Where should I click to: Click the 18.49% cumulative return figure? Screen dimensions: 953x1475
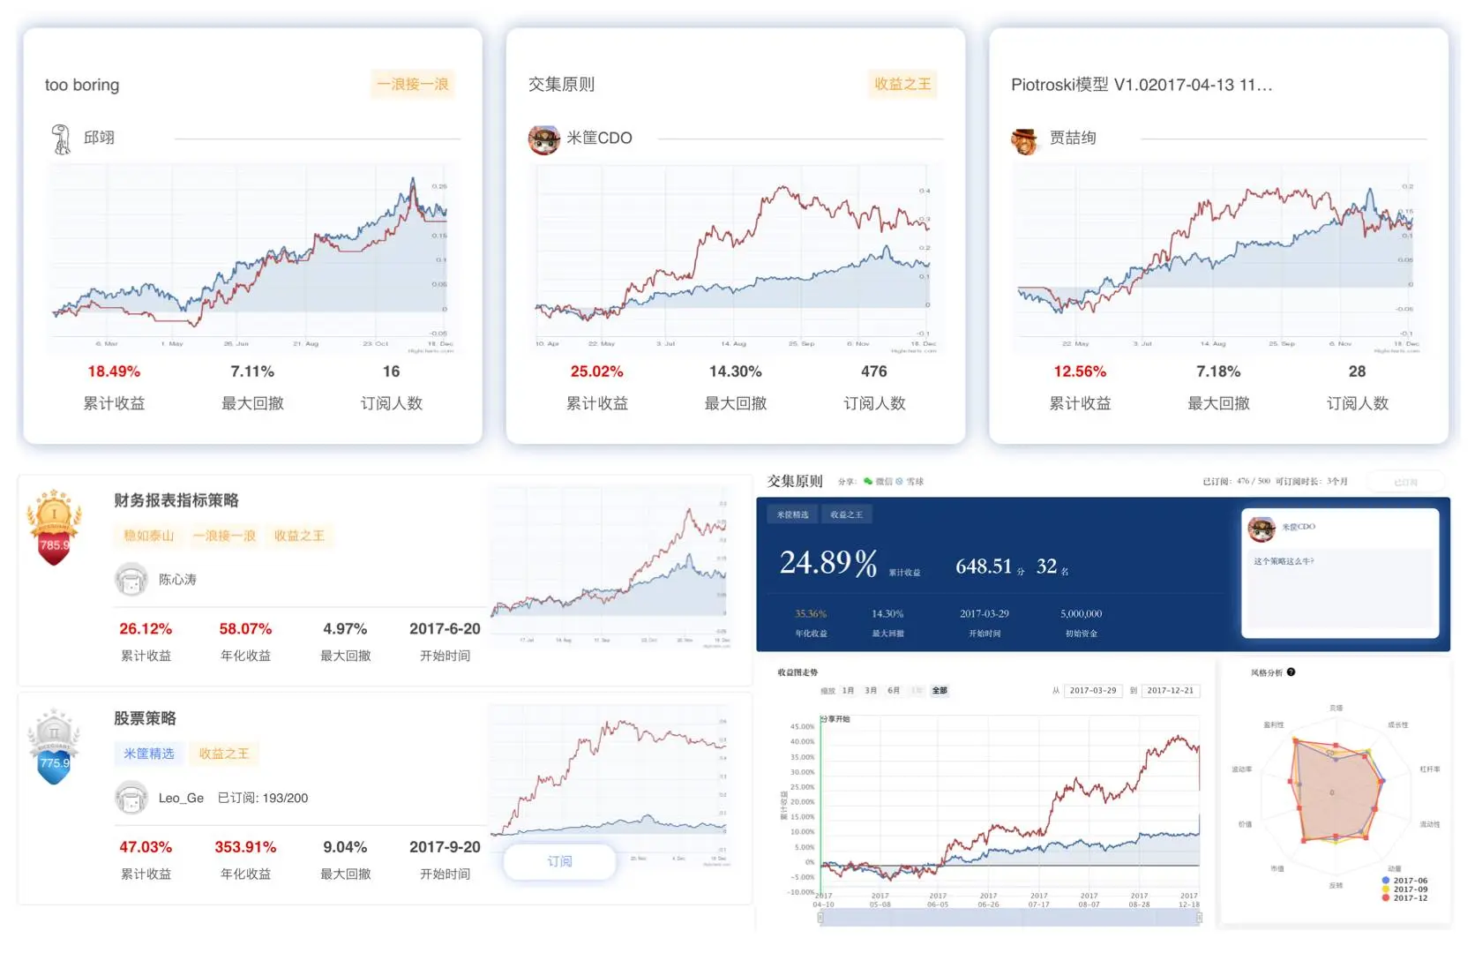(x=114, y=371)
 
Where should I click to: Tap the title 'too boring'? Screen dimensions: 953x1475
(x=82, y=85)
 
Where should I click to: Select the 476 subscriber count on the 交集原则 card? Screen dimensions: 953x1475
(x=873, y=371)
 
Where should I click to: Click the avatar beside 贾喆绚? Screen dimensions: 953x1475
(x=1024, y=139)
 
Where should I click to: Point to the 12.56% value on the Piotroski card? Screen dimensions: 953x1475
(x=1079, y=371)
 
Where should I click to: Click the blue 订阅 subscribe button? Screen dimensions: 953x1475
(x=559, y=861)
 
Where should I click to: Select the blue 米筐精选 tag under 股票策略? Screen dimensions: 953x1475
(x=148, y=754)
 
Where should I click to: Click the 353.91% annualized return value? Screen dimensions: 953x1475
(x=245, y=847)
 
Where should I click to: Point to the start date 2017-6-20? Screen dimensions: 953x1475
(x=445, y=629)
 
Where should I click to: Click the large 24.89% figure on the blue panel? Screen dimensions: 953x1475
(x=827, y=563)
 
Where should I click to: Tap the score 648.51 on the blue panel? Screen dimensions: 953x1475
(x=983, y=567)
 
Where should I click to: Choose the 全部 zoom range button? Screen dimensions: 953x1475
(x=940, y=691)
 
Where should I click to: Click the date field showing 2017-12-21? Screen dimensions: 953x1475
(x=1170, y=691)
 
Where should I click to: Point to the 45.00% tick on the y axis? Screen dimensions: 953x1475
(x=802, y=727)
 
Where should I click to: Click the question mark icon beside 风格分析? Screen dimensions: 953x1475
(x=1291, y=672)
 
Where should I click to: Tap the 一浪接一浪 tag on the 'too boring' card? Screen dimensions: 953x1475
(x=412, y=85)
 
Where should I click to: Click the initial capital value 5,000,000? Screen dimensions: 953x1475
(x=1081, y=614)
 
